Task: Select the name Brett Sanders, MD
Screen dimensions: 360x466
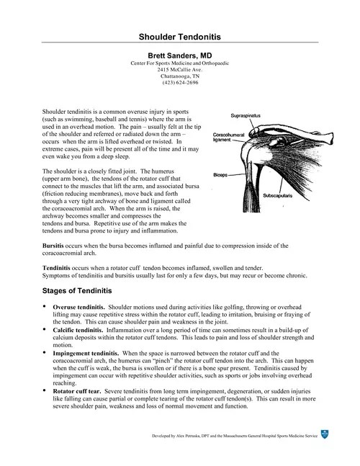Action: pyautogui.click(x=179, y=55)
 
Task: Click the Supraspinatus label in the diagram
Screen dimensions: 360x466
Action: pyautogui.click(x=246, y=115)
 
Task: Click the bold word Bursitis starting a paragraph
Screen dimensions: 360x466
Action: pyautogui.click(x=56, y=246)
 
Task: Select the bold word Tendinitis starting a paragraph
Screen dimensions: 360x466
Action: pyautogui.click(x=60, y=266)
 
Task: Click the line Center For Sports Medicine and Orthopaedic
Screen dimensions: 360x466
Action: pyautogui.click(x=179, y=63)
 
